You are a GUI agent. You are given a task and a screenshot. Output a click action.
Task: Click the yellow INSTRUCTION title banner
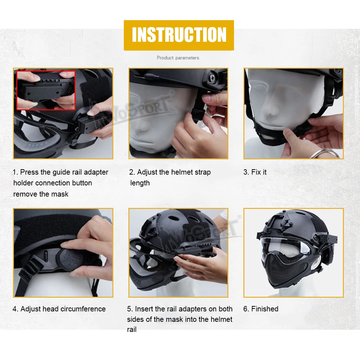click(x=179, y=35)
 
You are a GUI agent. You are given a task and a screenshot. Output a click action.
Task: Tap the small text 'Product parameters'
click(x=178, y=58)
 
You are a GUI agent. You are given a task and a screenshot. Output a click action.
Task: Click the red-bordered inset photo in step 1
click(x=46, y=90)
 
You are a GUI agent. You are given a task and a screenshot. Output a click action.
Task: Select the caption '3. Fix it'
click(x=255, y=172)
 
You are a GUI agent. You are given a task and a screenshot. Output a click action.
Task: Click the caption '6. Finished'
click(x=261, y=309)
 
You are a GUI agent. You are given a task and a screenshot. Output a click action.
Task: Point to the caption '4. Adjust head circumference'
click(x=59, y=309)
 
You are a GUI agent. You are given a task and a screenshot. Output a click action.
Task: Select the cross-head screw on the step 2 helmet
click(x=212, y=78)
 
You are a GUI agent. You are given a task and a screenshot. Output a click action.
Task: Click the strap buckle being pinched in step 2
click(x=198, y=115)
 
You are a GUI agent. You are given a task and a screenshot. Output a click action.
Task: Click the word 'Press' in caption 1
click(x=29, y=172)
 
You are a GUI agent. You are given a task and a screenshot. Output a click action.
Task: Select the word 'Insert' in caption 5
click(x=144, y=309)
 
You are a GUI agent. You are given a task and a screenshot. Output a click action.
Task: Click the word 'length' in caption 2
click(x=140, y=183)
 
